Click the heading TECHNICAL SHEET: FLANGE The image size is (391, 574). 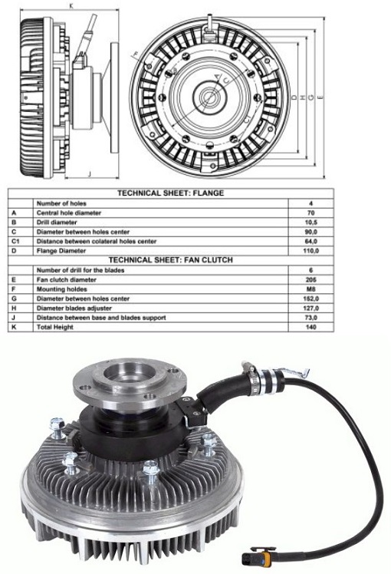pos(170,193)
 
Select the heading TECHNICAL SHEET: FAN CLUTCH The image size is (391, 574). pos(170,260)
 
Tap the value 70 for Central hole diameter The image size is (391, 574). pos(311,213)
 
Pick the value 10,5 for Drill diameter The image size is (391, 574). pos(311,223)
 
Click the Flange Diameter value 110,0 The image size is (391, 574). pos(311,251)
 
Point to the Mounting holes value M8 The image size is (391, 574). pos(311,289)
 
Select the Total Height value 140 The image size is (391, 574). pos(311,327)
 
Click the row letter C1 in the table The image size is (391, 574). pos(15,241)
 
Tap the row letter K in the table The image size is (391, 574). pos(14,327)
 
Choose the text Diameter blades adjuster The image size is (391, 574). pos(74,308)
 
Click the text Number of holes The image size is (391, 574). pos(61,203)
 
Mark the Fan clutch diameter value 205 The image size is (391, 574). pos(311,279)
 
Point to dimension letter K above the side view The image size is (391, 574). pos(71,5)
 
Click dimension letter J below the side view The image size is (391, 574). pos(89,174)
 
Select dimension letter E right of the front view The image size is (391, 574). pos(320,97)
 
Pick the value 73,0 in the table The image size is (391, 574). pos(311,318)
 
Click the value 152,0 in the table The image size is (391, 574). pos(311,299)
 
